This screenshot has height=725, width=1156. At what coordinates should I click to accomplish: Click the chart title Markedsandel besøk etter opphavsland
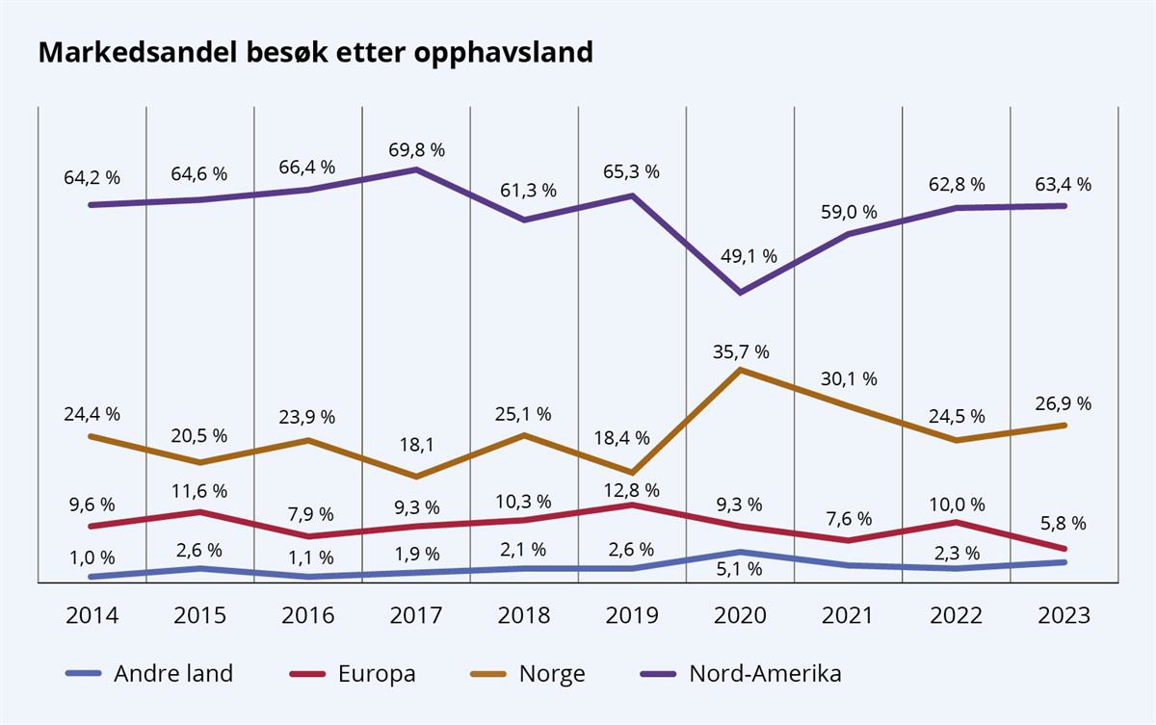pyautogui.click(x=315, y=53)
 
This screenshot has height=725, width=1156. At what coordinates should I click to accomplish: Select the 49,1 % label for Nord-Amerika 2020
pyautogui.click(x=740, y=257)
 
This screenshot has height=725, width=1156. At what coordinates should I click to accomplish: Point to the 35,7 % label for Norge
pyautogui.click(x=740, y=351)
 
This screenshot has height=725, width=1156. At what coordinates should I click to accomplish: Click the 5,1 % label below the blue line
pyautogui.click(x=740, y=569)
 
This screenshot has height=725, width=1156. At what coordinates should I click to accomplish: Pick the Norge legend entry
pyautogui.click(x=530, y=673)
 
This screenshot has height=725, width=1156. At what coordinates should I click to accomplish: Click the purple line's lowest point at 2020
pyautogui.click(x=740, y=292)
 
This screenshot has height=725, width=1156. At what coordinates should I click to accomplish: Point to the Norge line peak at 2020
pyautogui.click(x=740, y=369)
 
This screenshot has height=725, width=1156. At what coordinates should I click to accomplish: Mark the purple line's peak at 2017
pyautogui.click(x=416, y=169)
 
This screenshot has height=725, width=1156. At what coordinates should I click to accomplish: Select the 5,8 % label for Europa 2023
pyautogui.click(x=1064, y=524)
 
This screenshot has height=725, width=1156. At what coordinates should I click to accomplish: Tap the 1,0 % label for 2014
pyautogui.click(x=92, y=557)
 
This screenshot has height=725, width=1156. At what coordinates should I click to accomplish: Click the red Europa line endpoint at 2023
pyautogui.click(x=1064, y=549)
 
